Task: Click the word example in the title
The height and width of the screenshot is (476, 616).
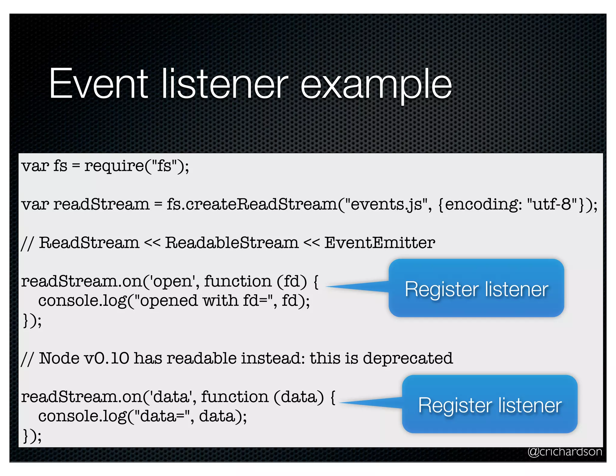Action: coord(376,85)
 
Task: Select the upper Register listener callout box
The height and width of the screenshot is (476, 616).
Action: coord(476,288)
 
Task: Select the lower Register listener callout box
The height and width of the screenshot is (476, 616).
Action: coord(490,404)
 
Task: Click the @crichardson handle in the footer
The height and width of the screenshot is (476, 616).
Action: coord(565,452)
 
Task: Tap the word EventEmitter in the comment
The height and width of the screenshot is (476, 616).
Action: coord(380,243)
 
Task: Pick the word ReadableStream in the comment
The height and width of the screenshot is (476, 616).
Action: coord(232,243)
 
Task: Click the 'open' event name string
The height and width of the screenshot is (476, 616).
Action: coord(173,282)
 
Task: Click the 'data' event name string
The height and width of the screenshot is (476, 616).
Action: coord(171,397)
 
